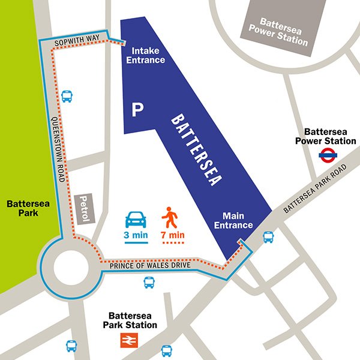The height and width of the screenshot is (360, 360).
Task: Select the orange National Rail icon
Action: (128, 340)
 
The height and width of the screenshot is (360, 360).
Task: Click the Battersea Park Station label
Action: (133, 320)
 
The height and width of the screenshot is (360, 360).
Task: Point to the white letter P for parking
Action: (138, 110)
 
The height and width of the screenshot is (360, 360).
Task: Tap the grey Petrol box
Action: (83, 209)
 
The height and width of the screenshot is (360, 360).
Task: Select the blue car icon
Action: (136, 218)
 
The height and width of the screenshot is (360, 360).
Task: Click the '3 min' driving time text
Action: (136, 235)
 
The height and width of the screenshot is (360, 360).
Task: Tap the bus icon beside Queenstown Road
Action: (67, 97)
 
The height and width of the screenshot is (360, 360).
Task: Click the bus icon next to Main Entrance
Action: (268, 238)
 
